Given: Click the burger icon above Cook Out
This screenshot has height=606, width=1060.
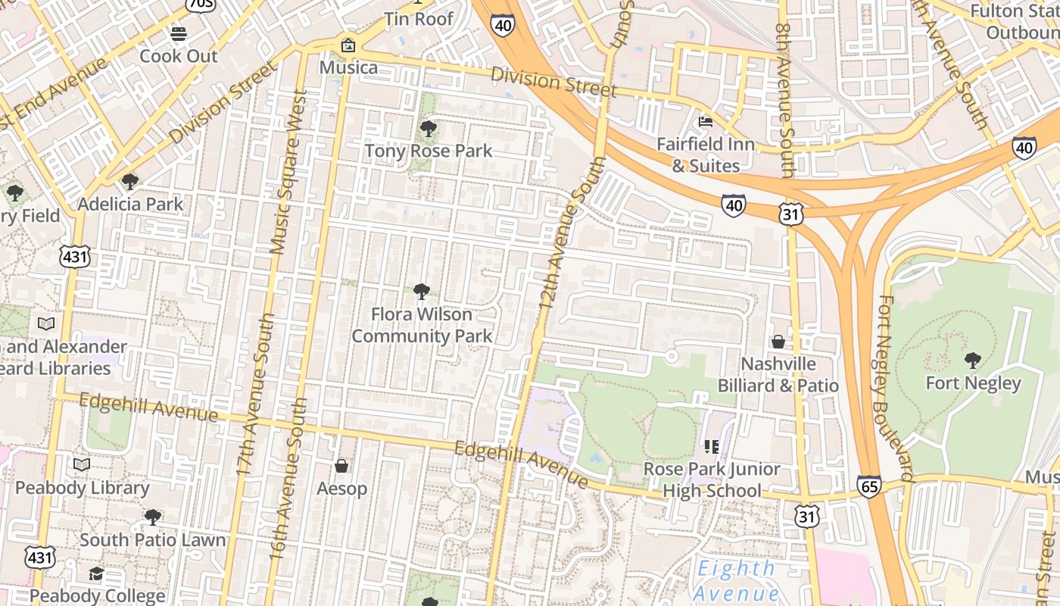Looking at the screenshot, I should click(x=179, y=34).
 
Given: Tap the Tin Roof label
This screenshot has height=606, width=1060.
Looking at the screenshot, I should click(x=419, y=18).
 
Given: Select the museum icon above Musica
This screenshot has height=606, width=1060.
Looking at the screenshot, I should click(x=348, y=45).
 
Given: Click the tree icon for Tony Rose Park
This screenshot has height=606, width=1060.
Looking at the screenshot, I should click(x=428, y=129).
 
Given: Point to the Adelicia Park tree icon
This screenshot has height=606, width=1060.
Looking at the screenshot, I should click(x=130, y=182).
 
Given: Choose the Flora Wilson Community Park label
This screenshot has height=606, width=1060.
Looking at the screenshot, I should click(x=422, y=325).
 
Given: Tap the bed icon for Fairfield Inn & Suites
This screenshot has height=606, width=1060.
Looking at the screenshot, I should click(x=706, y=121).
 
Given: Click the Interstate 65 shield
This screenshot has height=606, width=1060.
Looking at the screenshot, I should click(x=869, y=486).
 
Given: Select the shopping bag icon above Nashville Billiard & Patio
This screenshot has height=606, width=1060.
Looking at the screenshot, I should click(x=778, y=342).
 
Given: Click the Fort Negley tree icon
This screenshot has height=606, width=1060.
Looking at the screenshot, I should click(x=973, y=361).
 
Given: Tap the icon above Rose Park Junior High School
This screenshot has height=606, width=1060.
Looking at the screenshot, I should click(x=711, y=447).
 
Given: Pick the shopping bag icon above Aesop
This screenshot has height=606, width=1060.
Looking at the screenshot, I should click(x=341, y=466).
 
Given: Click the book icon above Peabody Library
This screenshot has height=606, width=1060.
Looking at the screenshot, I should click(x=81, y=465).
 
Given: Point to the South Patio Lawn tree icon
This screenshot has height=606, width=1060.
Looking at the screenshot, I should click(x=152, y=517).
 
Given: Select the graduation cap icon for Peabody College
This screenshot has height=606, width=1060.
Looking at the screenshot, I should click(x=96, y=573).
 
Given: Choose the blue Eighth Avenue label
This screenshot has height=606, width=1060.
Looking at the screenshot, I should click(x=736, y=580).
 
